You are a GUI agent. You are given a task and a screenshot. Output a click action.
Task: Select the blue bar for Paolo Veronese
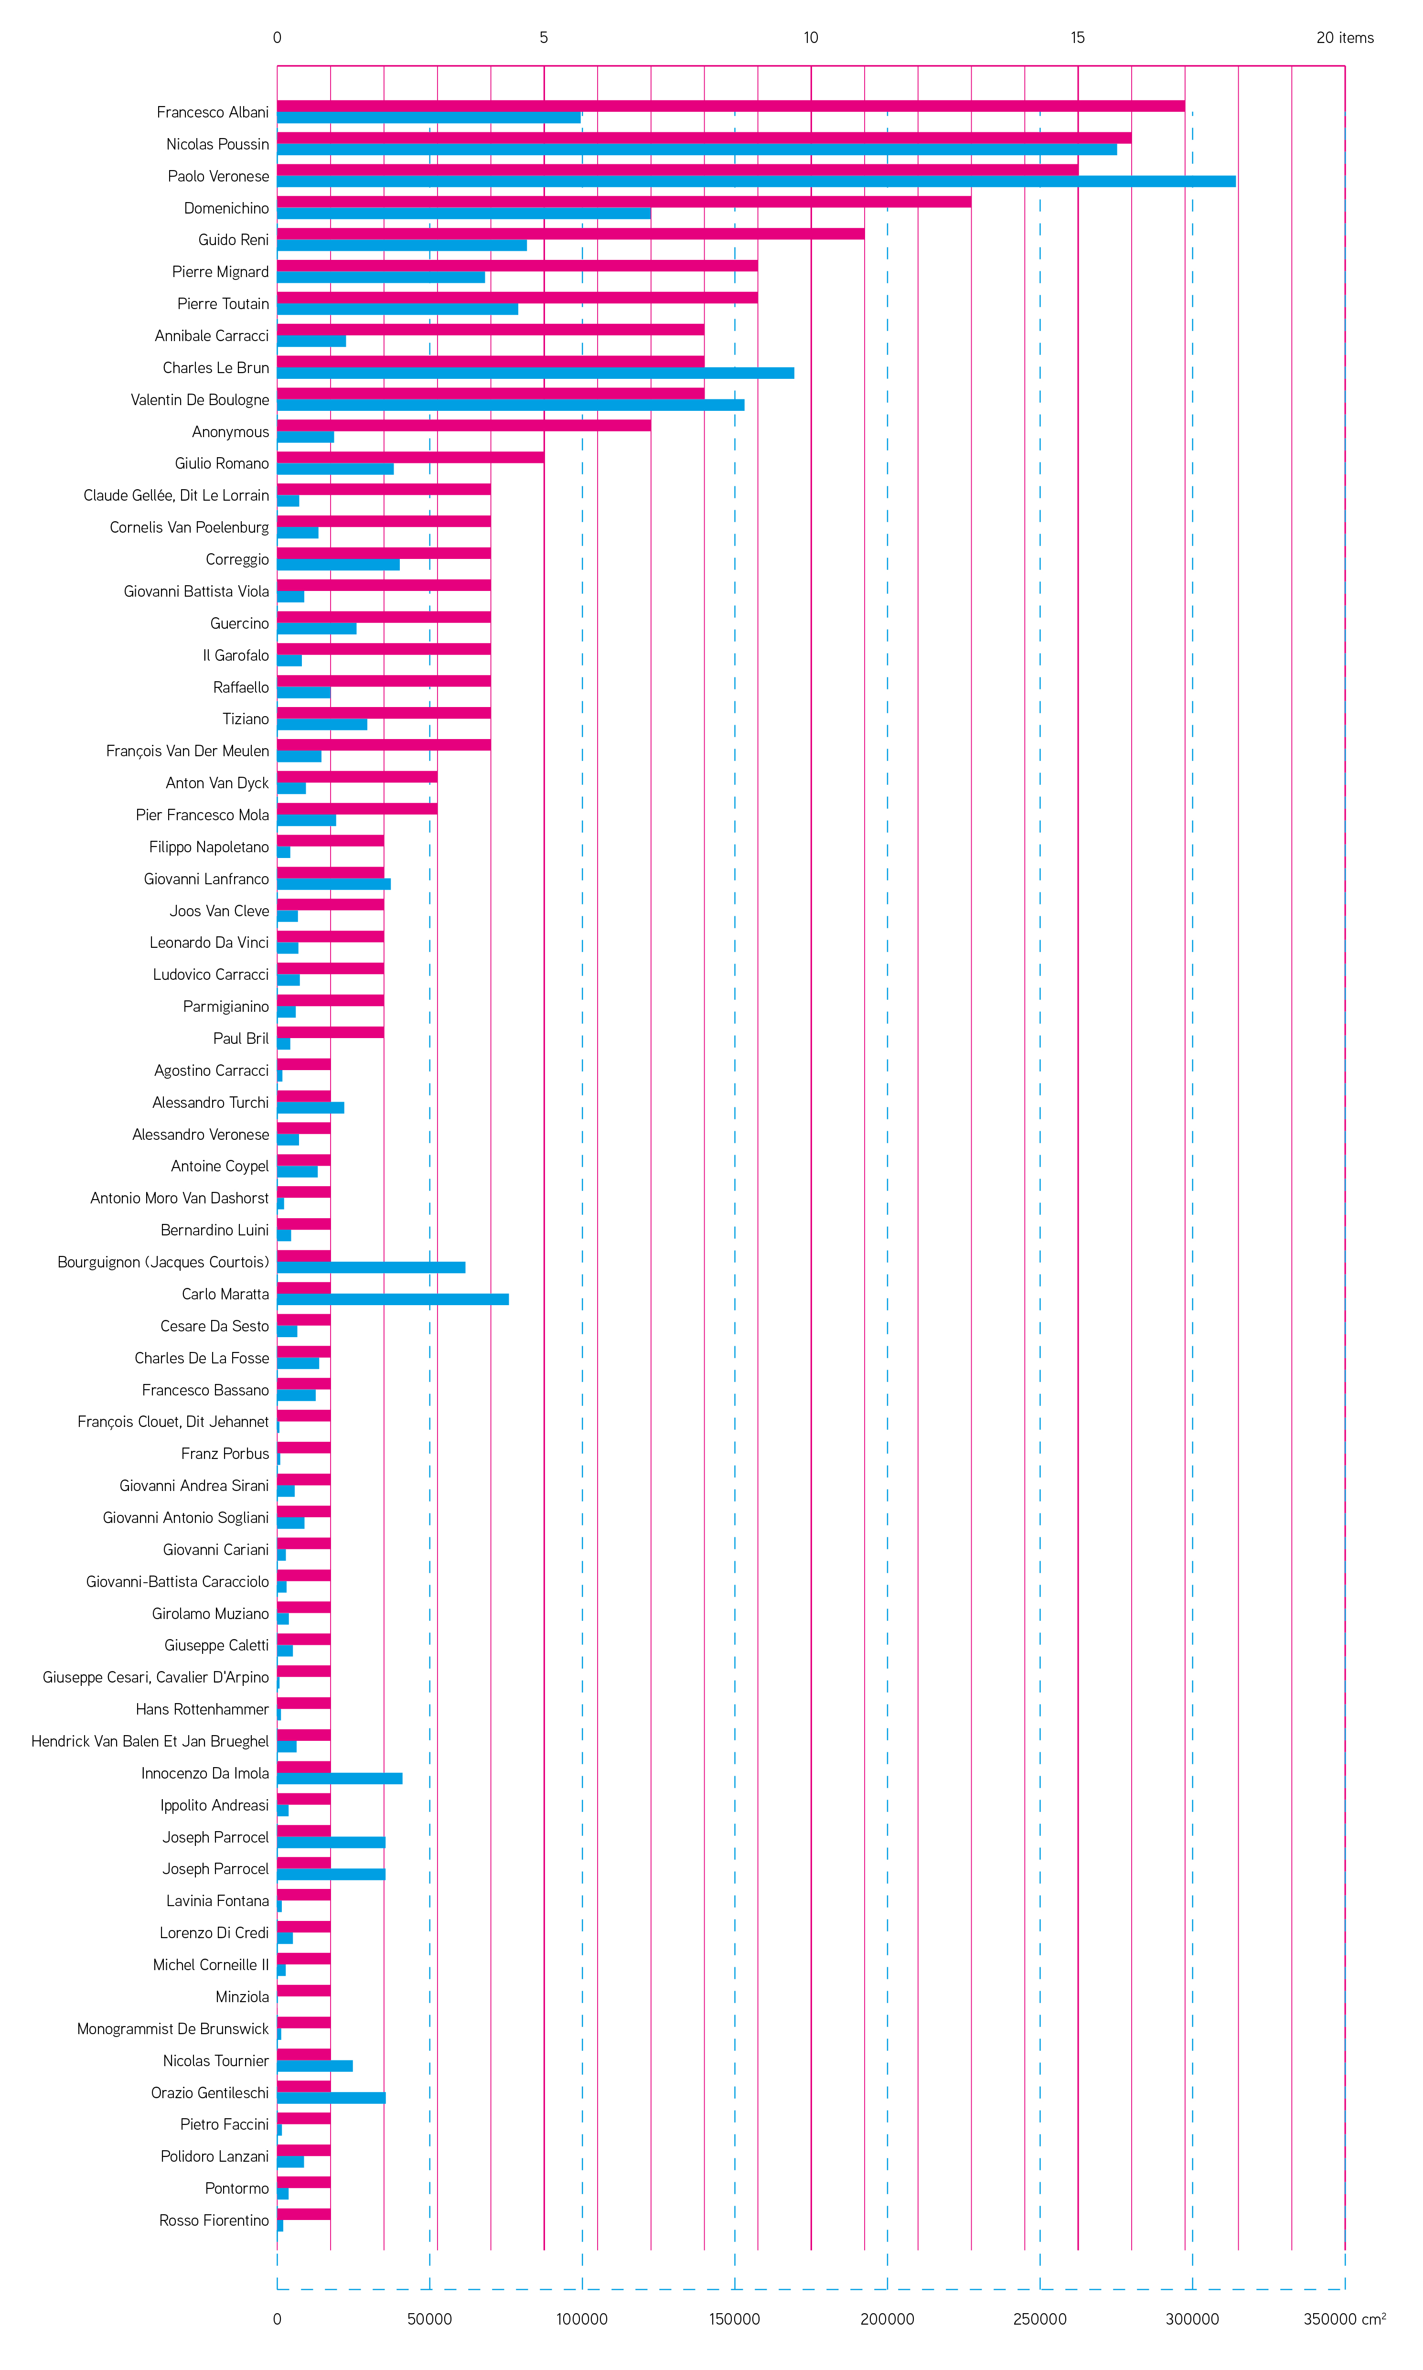tap(756, 181)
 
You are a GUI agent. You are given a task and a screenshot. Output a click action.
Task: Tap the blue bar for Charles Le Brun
tap(535, 373)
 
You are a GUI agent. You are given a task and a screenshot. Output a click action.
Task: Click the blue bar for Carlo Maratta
tap(393, 1299)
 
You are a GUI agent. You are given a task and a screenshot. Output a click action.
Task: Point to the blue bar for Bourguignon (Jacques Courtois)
tap(371, 1267)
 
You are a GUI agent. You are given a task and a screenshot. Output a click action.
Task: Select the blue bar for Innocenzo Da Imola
tap(340, 1779)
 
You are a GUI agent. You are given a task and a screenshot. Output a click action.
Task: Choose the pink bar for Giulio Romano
tap(410, 457)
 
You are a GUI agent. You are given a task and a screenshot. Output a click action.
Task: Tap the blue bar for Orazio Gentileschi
tap(331, 2098)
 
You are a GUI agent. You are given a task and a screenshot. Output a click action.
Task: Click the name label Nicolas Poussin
tap(218, 144)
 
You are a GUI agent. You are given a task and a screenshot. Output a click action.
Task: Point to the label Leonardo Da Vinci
tap(209, 943)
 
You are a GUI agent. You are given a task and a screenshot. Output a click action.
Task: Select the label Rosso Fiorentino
tap(214, 2220)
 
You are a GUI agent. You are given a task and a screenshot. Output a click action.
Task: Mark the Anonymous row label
tap(230, 431)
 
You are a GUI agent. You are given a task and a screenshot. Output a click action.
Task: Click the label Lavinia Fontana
tap(218, 1901)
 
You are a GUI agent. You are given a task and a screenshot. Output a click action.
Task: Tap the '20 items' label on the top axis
tap(1344, 37)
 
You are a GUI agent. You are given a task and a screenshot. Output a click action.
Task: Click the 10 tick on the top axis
tap(811, 37)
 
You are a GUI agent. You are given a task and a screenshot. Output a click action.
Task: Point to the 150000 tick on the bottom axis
tap(735, 2319)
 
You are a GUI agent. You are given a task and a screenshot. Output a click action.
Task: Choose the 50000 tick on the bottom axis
tap(429, 2319)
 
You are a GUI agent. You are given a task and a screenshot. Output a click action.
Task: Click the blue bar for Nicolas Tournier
tap(314, 2066)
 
